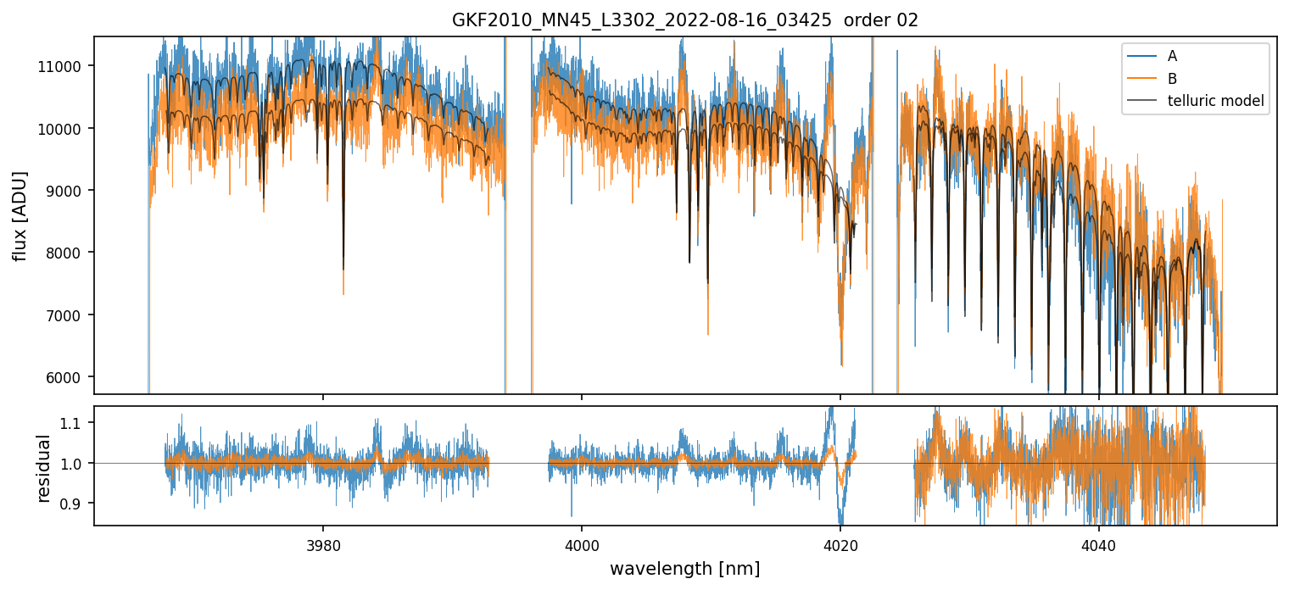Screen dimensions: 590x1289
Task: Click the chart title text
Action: pos(685,20)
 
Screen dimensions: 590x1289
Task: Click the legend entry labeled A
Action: pos(1172,57)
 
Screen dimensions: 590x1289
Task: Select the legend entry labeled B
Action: pos(1172,79)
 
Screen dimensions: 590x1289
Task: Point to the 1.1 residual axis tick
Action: pos(75,423)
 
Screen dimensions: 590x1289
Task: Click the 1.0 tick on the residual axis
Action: pos(75,464)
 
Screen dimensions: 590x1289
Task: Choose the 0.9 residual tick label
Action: pos(75,504)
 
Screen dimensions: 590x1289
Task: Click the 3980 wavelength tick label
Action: pos(323,543)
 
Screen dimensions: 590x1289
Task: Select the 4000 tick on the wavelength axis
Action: pos(582,543)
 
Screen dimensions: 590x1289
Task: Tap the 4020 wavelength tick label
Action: pos(840,543)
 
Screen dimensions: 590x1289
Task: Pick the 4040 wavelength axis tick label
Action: pos(1099,543)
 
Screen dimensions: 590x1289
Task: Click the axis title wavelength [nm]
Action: pos(685,568)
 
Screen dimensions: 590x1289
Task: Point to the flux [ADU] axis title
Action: pos(20,215)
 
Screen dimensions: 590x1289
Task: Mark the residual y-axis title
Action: pos(44,467)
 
